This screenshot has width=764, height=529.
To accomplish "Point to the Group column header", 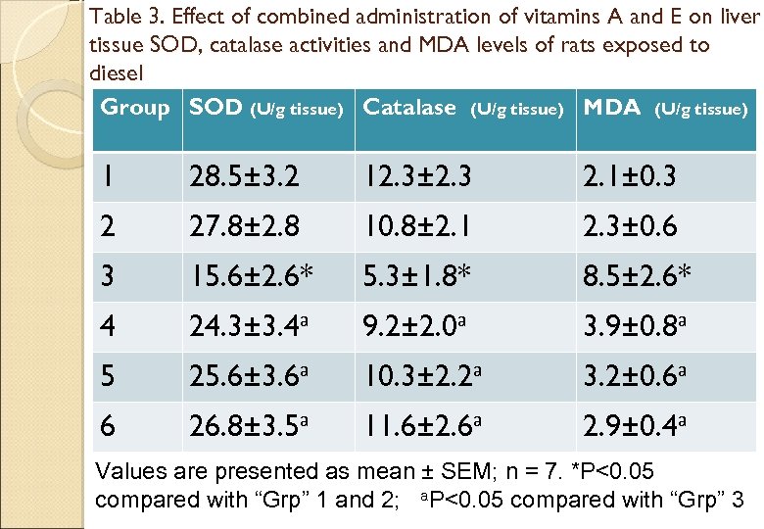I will click(x=135, y=108).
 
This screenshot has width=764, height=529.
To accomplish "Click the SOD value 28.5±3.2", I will click(x=244, y=177).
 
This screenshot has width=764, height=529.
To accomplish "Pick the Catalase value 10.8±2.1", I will click(x=417, y=227).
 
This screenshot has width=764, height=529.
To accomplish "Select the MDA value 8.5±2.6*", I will click(x=637, y=277).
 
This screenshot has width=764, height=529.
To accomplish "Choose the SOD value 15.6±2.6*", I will click(x=251, y=277).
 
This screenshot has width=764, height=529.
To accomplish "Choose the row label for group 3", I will click(x=109, y=277).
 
